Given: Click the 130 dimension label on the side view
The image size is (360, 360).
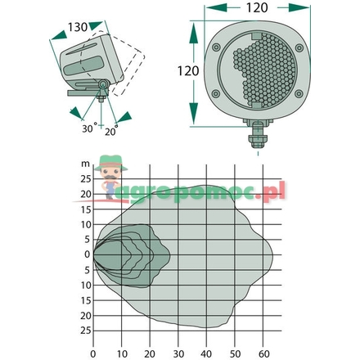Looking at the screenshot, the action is [x=78, y=27].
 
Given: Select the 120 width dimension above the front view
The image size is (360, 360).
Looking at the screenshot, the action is [x=257, y=7].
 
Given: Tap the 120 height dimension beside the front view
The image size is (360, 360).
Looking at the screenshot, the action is [x=188, y=71].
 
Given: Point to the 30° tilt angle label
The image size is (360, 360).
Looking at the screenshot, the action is [x=89, y=128].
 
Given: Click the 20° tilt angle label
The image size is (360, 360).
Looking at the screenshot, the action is [x=111, y=131].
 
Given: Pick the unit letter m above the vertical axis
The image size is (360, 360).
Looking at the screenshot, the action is [x=85, y=164].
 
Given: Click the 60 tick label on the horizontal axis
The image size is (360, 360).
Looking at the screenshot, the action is [x=263, y=354].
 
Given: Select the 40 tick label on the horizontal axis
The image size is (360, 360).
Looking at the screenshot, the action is [x=206, y=354].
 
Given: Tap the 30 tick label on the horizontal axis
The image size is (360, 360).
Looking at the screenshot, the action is [x=178, y=354].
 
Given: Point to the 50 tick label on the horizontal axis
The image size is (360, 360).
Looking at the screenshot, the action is [x=235, y=354].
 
